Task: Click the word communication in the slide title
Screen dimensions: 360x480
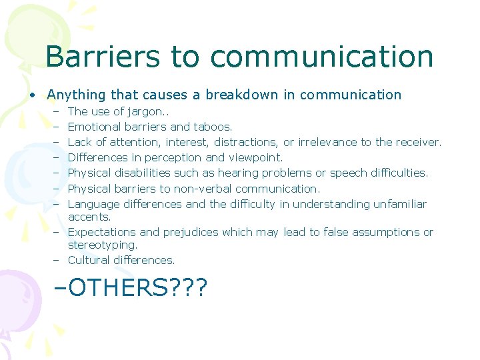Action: tap(325, 57)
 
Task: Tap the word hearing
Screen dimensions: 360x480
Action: tap(243, 173)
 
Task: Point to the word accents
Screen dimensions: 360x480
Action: tap(89, 217)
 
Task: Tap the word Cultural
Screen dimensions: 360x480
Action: tap(89, 260)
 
